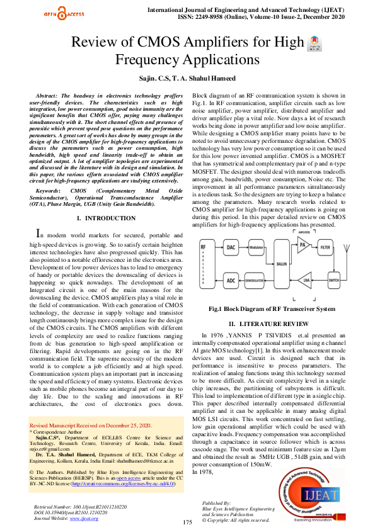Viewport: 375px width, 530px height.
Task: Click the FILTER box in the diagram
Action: point(342,247)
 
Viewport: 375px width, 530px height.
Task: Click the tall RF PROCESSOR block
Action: point(204,262)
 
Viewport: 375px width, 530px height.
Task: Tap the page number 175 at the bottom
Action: point(187,522)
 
